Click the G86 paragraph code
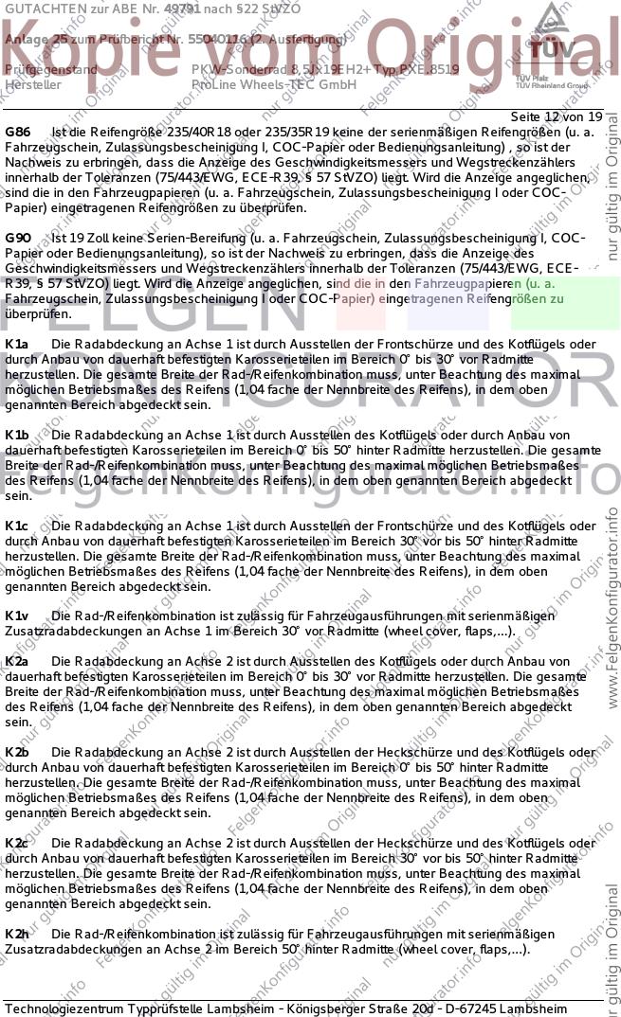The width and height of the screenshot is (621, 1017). point(17,133)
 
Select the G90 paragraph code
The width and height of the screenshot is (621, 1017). point(17,238)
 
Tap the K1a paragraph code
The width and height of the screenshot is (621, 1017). point(16,344)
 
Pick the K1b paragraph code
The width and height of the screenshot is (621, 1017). point(17,435)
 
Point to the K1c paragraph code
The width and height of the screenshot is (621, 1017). point(16,526)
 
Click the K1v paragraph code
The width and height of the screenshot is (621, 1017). point(16,616)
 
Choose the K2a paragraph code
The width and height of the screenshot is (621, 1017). point(16,661)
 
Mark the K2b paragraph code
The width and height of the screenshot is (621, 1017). point(17,752)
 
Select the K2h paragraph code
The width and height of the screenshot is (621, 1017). point(17,934)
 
